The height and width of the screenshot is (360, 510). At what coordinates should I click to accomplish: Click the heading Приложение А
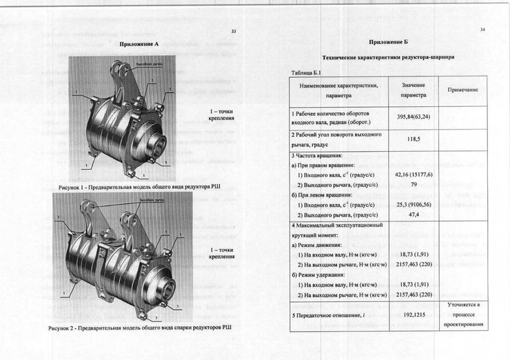[x=139, y=44]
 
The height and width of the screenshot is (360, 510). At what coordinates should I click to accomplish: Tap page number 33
[x=234, y=32]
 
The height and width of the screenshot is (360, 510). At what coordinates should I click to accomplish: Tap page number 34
[x=482, y=30]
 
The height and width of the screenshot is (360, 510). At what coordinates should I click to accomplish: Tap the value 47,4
[x=414, y=214]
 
